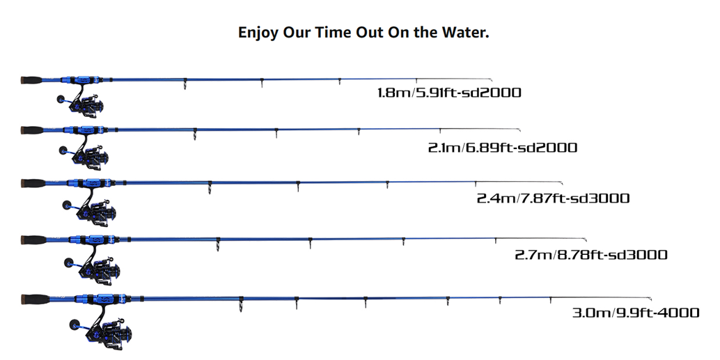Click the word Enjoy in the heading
point(258,33)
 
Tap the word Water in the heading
point(466,33)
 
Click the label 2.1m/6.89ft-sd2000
point(503,148)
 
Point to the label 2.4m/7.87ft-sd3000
point(553,198)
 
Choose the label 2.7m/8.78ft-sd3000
point(591,255)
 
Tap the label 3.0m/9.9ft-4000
point(636,313)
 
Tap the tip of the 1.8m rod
point(491,80)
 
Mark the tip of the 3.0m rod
point(650,295)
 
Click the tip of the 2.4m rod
point(561,182)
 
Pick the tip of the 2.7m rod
point(586,239)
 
